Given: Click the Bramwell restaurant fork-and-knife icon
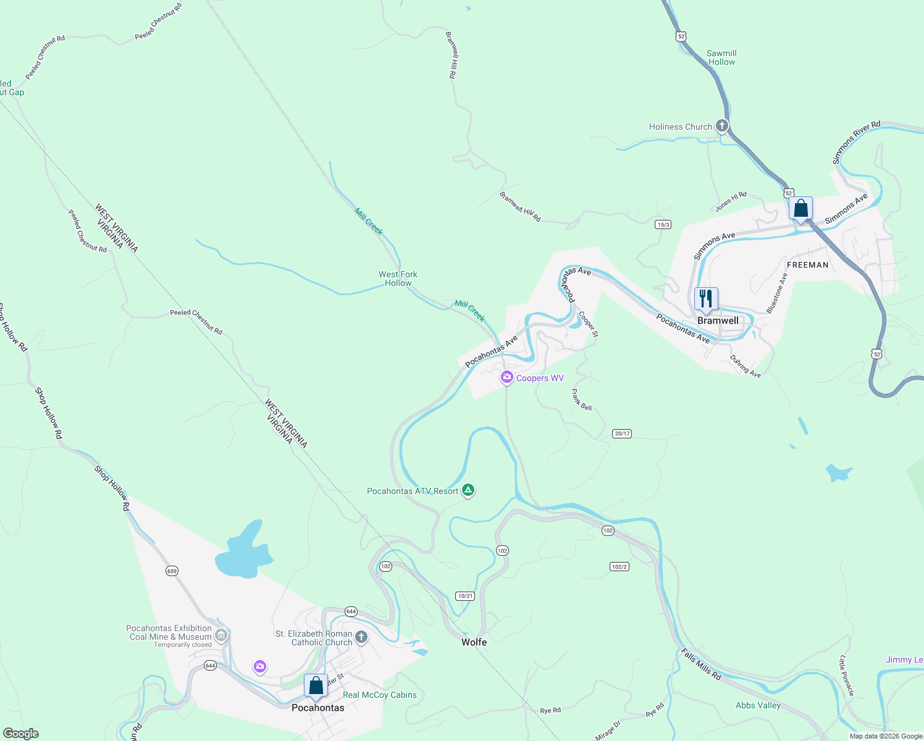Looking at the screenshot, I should click(x=706, y=299).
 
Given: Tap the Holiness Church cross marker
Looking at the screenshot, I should click(x=721, y=127).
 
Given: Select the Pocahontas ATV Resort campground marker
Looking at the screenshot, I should click(x=468, y=490).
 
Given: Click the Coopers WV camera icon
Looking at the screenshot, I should click(x=507, y=377).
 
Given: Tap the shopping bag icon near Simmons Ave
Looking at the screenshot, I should click(x=800, y=209).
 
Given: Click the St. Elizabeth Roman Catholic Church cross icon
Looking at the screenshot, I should click(x=361, y=637).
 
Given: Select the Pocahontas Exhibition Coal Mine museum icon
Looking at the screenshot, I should click(x=220, y=635).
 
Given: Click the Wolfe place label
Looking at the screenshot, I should click(x=474, y=642).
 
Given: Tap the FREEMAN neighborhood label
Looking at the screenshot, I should click(x=807, y=265).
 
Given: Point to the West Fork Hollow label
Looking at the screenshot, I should click(x=398, y=278).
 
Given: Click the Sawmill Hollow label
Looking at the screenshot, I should click(x=721, y=57).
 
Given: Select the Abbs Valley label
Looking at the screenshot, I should click(x=758, y=705).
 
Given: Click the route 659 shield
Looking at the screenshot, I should click(x=172, y=571).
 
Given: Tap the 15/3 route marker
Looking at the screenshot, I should click(x=663, y=225).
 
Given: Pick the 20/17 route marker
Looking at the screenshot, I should click(x=622, y=433).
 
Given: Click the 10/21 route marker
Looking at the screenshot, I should click(x=465, y=596).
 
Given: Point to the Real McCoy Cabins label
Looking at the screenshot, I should click(x=379, y=695).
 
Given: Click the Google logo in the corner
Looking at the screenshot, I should click(x=21, y=734).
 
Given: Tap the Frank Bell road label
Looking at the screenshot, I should click(x=581, y=400).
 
